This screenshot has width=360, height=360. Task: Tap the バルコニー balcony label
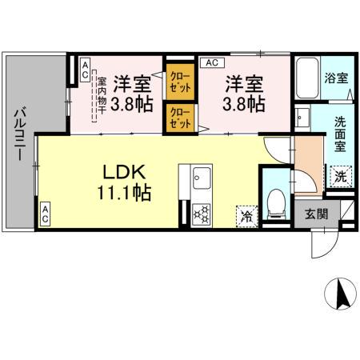(x=17, y=131)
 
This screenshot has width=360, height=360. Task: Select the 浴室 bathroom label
(x=335, y=79)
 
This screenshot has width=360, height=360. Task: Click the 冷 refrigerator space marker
(x=246, y=215)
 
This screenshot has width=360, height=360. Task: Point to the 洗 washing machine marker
(x=340, y=176)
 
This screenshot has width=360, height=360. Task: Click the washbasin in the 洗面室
(x=303, y=120)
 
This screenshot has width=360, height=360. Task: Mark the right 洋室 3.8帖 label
(x=242, y=94)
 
